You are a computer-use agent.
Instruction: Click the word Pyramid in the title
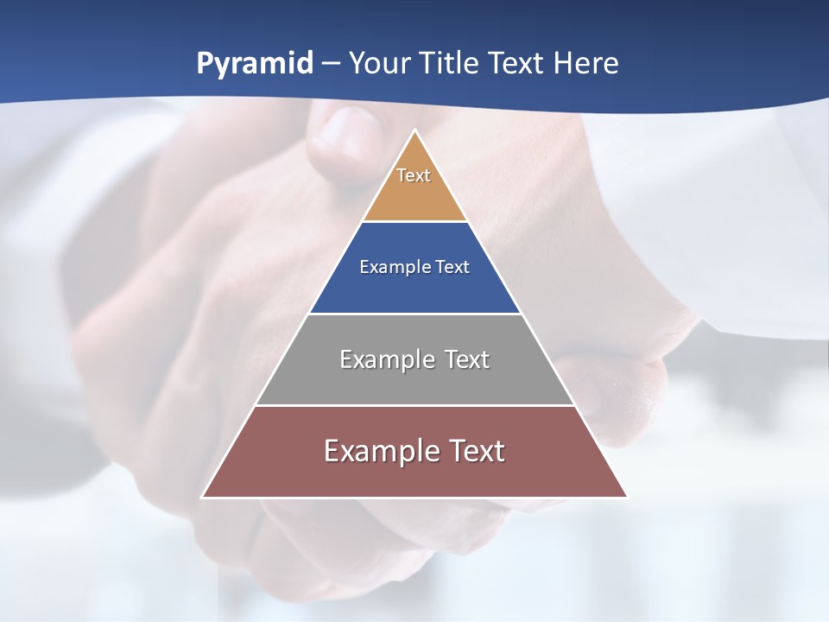[255, 64]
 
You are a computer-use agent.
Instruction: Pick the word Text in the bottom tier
[474, 451]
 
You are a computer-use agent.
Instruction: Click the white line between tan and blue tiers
[414, 222]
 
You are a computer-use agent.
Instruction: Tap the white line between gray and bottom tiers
[414, 405]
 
